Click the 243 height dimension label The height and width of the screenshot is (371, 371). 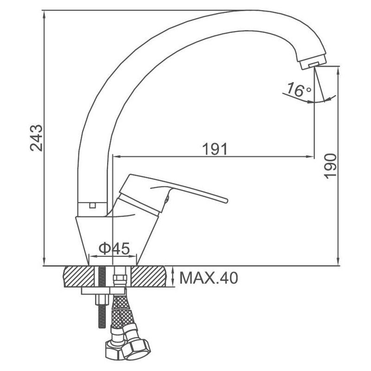coord(37,138)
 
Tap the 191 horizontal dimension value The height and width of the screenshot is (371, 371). coord(215,149)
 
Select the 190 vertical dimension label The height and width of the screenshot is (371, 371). coord(330,166)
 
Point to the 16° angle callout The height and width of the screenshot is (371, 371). coord(299,90)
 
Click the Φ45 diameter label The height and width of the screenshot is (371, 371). coord(114,248)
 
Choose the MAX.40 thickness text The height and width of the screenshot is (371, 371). coord(208,278)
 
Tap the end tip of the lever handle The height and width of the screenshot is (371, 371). coord(226,201)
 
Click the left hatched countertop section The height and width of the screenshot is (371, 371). coord(79,276)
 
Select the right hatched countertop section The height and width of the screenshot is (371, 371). coord(148,276)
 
